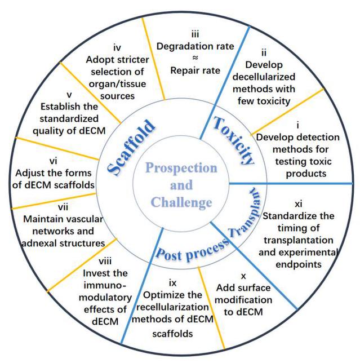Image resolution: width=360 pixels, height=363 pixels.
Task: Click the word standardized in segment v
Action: click(67, 119)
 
